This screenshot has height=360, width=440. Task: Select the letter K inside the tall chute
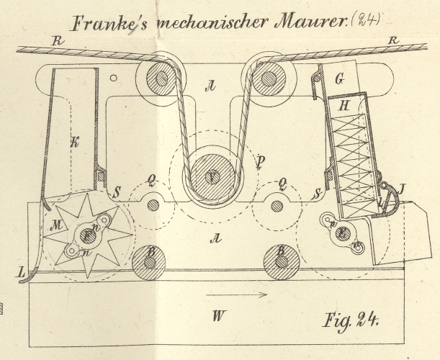[x=74, y=142]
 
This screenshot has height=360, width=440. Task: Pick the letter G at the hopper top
[x=339, y=76]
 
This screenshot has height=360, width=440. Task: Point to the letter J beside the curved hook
[x=401, y=190]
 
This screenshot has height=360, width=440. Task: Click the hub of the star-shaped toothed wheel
[x=89, y=235]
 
